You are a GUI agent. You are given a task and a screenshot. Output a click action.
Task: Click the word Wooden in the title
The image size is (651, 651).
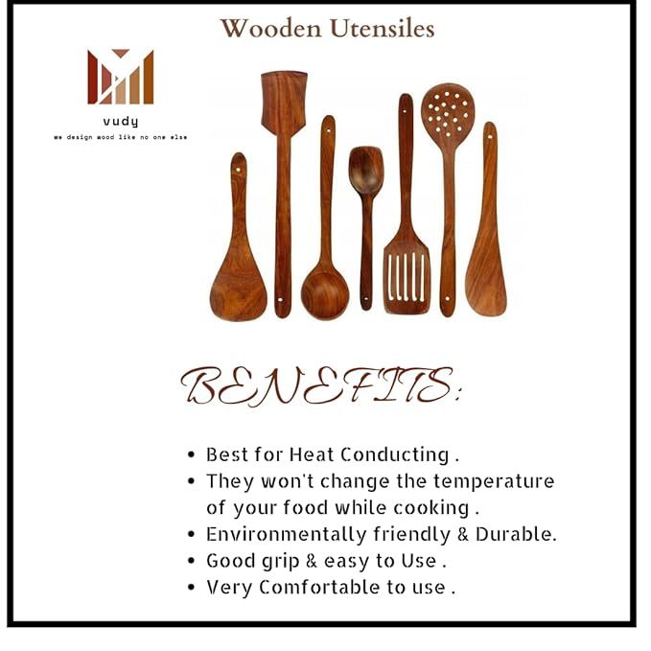270,29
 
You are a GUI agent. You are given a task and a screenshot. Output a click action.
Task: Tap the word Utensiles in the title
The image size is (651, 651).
383,29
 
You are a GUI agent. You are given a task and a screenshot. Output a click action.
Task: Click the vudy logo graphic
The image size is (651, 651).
121,77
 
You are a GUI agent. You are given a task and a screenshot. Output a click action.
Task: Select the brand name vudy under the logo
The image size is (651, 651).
121,122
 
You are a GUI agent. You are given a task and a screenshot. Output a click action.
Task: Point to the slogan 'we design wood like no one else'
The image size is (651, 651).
121,137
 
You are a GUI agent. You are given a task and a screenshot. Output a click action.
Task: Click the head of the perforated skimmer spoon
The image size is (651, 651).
448,112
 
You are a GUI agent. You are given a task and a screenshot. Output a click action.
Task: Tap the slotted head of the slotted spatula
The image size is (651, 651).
407,276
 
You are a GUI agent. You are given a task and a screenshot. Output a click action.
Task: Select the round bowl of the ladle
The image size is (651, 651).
325,295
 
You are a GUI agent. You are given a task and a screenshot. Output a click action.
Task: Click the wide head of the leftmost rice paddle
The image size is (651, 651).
238,291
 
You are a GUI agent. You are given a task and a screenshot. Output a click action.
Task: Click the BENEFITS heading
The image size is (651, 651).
320,385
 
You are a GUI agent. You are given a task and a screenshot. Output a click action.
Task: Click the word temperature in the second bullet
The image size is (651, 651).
494,481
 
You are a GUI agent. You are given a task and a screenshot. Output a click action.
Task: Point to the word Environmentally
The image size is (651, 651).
287,535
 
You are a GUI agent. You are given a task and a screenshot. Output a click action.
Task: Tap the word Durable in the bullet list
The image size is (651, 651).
516,534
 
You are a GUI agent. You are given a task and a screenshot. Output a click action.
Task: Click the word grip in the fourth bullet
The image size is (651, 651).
282,562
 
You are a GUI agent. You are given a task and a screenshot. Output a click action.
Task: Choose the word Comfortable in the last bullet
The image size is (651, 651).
319,588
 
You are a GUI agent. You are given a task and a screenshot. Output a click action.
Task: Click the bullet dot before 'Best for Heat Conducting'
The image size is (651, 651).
191,454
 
